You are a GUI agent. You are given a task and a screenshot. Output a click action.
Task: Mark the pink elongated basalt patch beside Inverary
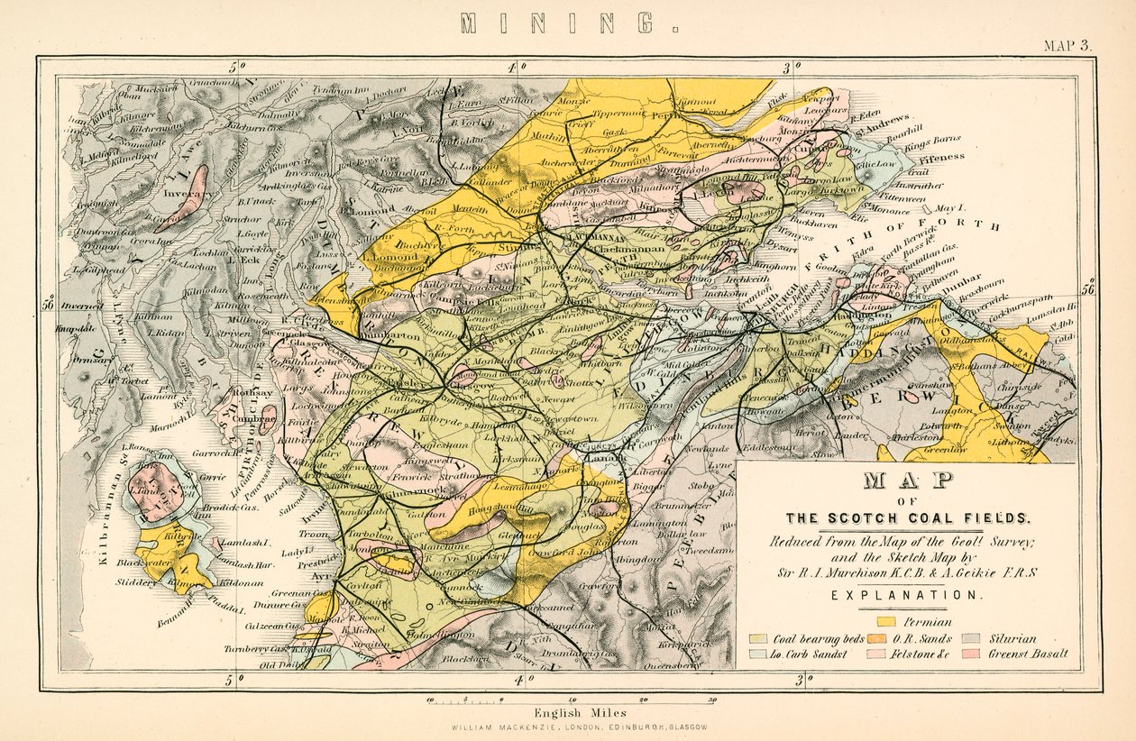tap(192, 198)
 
